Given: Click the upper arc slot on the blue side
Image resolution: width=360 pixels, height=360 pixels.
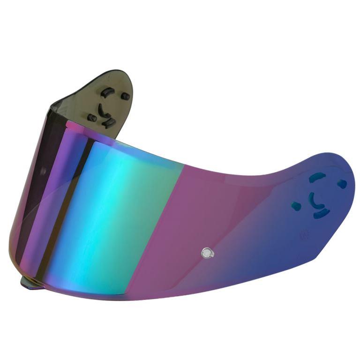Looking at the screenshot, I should coord(317,177).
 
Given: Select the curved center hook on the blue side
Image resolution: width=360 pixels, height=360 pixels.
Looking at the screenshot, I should coord(312,199).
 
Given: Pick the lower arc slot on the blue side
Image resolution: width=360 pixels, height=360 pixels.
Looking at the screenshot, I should coord(322,214).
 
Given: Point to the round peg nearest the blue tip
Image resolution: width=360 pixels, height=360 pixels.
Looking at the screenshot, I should coord(342,184).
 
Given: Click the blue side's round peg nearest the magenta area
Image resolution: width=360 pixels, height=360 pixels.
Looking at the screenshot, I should coord(296,205).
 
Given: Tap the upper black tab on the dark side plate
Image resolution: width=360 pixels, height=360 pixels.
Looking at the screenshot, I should coord(107,91).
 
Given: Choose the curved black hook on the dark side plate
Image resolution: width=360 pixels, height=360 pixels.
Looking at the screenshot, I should coord(101,110).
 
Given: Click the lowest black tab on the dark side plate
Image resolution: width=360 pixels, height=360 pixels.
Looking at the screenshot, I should coord(110,122).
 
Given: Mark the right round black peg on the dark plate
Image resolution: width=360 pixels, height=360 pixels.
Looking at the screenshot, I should coord(125,96).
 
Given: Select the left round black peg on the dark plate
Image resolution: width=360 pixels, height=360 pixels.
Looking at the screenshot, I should coord(92,118).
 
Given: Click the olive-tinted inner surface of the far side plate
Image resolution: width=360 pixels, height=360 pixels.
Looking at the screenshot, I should coord(84,94).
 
